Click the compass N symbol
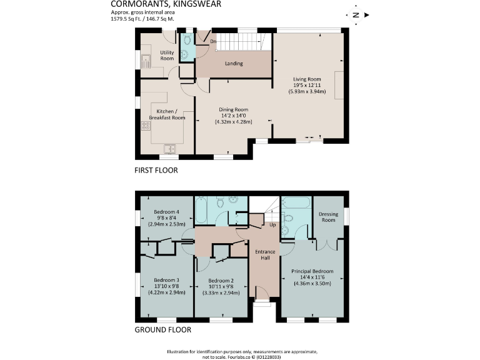click(356, 14)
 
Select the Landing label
click(234, 64)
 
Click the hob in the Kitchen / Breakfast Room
click(146, 125)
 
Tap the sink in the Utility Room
click(145, 61)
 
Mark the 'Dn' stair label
click(213, 42)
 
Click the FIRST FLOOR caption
click(156, 170)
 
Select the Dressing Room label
click(327, 216)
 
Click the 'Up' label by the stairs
click(272, 224)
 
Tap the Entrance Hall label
click(264, 255)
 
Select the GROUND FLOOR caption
click(162, 330)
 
